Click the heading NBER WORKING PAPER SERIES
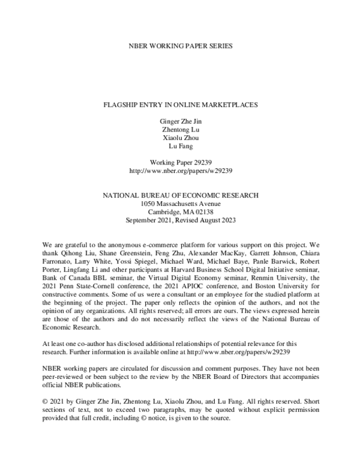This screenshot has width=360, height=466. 180,46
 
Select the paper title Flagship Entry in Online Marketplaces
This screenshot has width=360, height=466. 180,104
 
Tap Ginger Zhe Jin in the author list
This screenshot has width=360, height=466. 180,121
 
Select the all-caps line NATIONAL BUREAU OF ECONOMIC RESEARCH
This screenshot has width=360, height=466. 180,195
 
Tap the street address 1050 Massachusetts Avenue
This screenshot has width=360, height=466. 180,204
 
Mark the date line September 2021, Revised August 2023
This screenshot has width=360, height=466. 180,220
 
